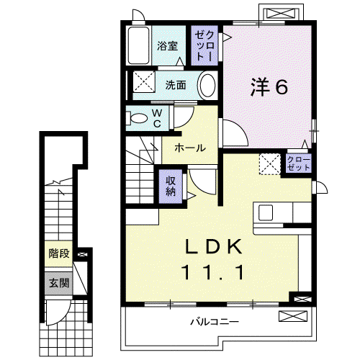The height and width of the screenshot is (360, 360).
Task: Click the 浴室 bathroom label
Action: click(167, 46)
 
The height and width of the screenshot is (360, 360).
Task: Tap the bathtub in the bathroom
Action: click(138, 45)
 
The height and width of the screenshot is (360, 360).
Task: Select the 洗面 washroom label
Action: click(176, 85)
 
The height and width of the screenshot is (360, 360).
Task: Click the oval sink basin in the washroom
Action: click(207, 85)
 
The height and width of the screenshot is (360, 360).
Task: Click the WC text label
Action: click(157, 118)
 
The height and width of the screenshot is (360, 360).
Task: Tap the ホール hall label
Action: click(190, 148)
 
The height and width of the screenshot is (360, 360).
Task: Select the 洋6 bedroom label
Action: click(269, 87)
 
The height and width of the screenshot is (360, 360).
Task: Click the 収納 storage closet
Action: click(171, 186)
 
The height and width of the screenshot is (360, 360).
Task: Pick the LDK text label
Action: click(213, 246)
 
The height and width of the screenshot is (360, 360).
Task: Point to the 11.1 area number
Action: click(213, 272)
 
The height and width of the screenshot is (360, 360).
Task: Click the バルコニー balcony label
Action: click(215, 322)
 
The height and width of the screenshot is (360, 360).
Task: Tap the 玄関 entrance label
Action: click(59, 283)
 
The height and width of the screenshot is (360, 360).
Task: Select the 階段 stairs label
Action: click(59, 253)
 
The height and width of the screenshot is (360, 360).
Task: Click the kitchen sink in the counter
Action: click(265, 212)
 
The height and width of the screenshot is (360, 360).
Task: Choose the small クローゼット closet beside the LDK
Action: click(299, 163)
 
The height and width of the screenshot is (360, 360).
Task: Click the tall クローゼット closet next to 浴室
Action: click(204, 45)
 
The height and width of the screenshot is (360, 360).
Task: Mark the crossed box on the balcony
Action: click(293, 316)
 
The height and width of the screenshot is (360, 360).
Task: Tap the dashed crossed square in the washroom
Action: click(144, 81)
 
